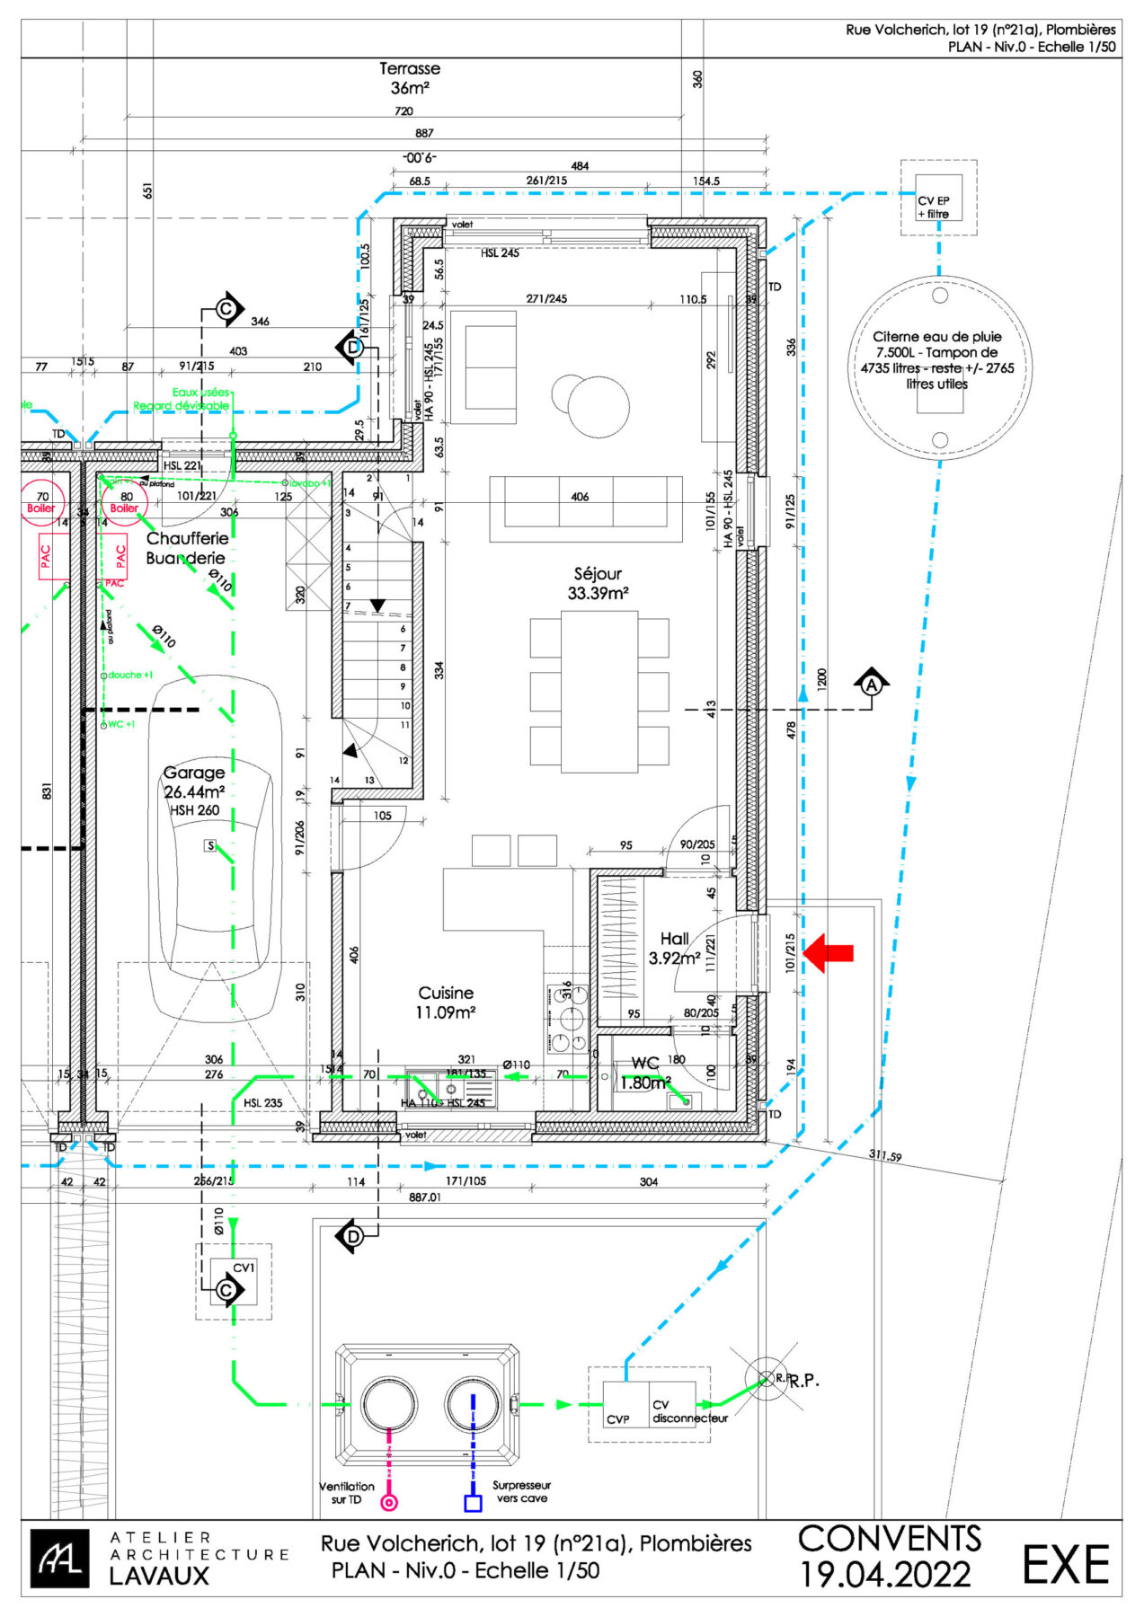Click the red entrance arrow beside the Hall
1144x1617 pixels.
[x=828, y=953]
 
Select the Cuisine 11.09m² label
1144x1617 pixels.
[x=446, y=1002]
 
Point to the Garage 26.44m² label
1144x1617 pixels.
[x=194, y=782]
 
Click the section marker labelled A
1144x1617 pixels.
[x=871, y=685]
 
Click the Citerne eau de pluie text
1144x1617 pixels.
[x=937, y=359]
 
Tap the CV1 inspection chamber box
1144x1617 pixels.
[x=234, y=1282]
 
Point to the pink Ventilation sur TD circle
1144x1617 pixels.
[x=389, y=1502]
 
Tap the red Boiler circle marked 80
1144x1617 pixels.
[x=125, y=501]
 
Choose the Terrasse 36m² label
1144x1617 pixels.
[x=410, y=78]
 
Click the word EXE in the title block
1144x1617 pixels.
[x=1066, y=1566]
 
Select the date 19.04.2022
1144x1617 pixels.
[x=885, y=1575]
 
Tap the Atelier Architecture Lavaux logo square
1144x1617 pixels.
[x=59, y=1559]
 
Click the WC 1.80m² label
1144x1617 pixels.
[x=646, y=1073]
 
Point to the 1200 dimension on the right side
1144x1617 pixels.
[x=821, y=680]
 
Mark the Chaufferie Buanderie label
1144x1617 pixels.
[x=187, y=548]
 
